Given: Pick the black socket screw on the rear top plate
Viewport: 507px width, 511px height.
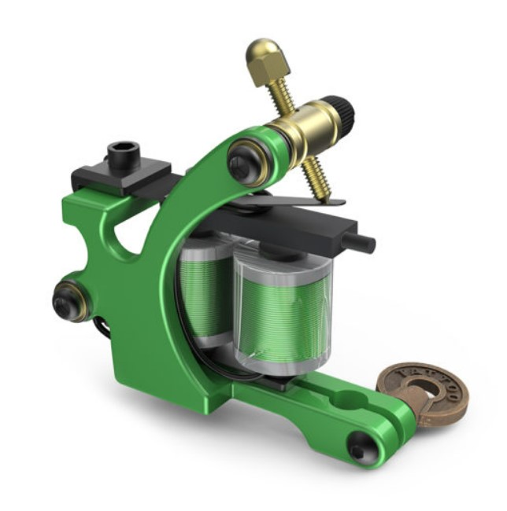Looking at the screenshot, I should point(122,154).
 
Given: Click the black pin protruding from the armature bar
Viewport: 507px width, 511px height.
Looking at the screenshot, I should point(363,242).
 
